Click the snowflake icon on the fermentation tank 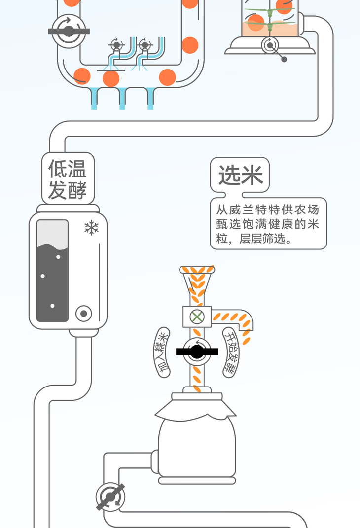[91, 228]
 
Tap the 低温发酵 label [68, 179]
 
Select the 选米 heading [240, 175]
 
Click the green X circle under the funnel [197, 317]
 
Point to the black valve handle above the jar [197, 352]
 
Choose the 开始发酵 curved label [231, 352]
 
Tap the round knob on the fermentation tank [84, 314]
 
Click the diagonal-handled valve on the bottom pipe [110, 496]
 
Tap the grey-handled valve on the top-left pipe [69, 32]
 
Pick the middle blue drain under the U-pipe [122, 98]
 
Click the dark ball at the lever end [284, 59]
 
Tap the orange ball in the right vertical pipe [190, 45]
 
